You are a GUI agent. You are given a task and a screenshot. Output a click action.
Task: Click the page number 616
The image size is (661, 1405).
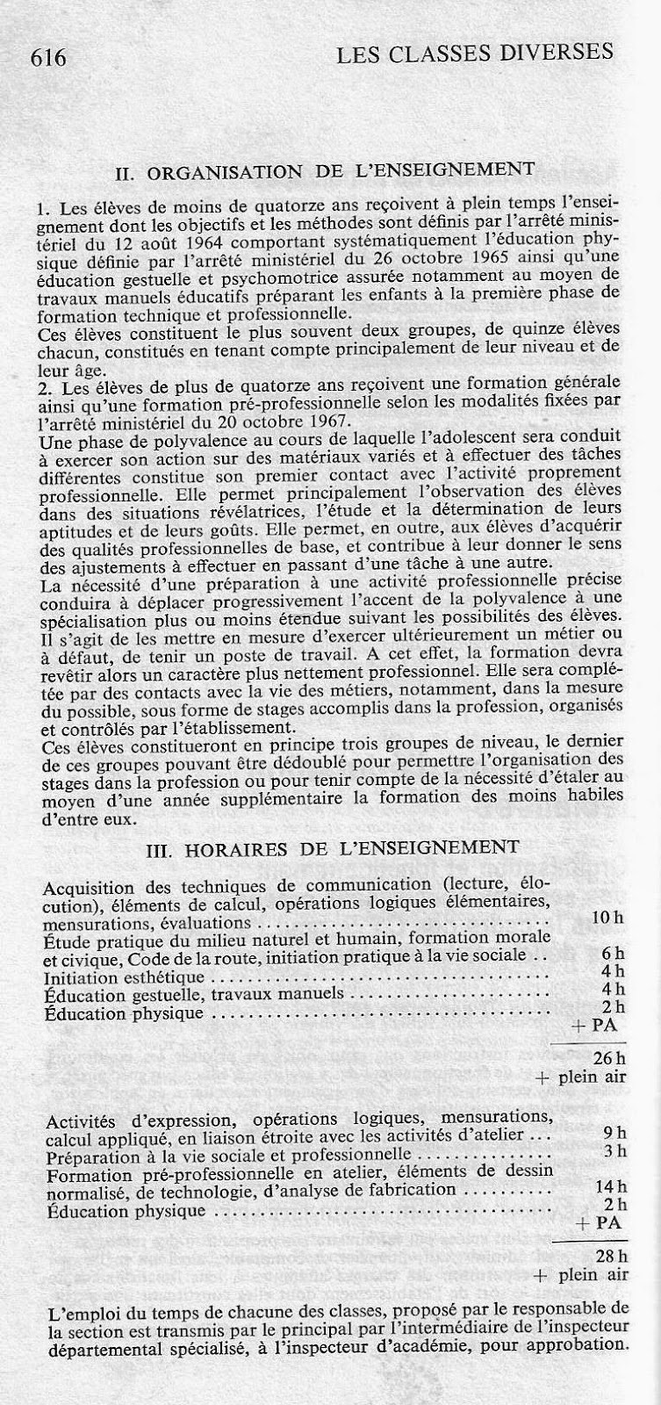48,58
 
